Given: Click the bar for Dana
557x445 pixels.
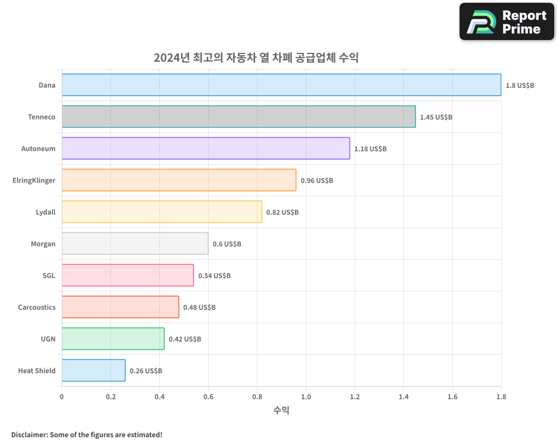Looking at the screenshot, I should pos(281,85).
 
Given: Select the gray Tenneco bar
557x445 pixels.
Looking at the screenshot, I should pos(238,117).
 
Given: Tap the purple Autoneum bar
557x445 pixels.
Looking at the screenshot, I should pos(206,149).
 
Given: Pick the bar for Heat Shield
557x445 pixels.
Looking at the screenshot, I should pos(94,370).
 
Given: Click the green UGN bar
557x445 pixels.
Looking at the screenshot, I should pos(113,339).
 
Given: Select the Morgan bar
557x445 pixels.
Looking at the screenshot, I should pos(135,244).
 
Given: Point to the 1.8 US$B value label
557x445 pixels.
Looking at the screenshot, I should pos(520,86).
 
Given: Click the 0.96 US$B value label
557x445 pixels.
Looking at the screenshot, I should pos(317,181).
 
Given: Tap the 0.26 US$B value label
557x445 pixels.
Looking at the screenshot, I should pos(146,371).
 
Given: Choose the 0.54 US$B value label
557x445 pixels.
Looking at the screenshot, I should pos(214,276).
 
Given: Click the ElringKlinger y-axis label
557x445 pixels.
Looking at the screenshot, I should pos(34,180).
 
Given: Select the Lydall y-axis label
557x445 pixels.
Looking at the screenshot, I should pos(46,212).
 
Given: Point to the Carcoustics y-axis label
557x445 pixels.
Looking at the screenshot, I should pos(37,307).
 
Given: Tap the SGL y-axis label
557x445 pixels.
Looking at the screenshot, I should pos(49,275).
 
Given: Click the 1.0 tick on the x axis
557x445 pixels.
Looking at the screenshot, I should pos(306,397).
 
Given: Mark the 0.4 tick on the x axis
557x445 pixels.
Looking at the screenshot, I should pos(159,397).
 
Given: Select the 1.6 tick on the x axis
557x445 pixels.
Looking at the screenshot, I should pos(452,397).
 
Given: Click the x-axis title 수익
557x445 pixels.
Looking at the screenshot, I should pos(281,411).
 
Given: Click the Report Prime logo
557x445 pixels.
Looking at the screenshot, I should pos(507,22).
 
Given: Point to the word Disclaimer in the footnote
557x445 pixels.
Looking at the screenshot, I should pos(30,434).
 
